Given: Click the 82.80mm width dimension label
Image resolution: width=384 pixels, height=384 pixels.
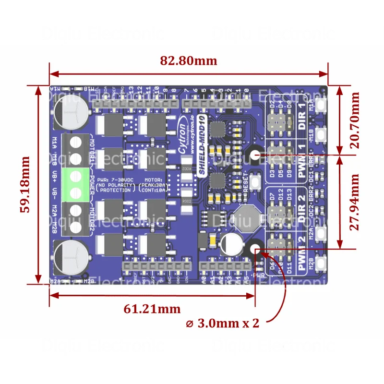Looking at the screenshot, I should (x=189, y=61).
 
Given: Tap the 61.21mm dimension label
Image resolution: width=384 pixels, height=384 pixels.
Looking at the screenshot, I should (x=152, y=309).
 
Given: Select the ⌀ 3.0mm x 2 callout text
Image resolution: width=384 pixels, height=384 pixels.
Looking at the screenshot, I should (x=223, y=323).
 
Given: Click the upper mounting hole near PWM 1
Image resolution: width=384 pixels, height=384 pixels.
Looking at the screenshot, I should (x=255, y=155).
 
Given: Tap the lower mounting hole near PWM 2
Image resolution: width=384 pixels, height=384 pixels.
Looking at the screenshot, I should (x=255, y=250).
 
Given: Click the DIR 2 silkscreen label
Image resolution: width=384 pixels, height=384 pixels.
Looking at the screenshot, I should (x=302, y=210).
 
